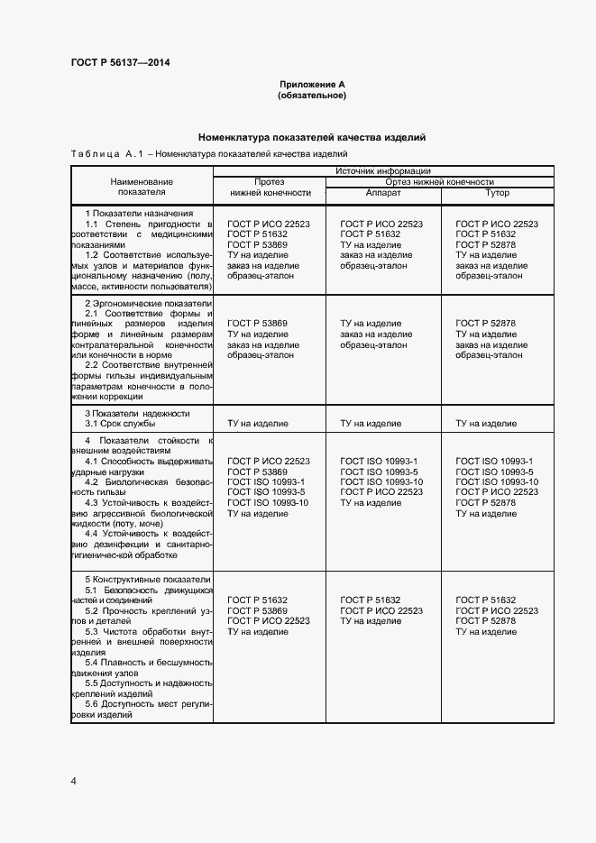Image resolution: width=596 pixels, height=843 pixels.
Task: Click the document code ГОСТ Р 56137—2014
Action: [x=120, y=62]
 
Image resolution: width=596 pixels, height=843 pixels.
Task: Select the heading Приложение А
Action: [x=311, y=84]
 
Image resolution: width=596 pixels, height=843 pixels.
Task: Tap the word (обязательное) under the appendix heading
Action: [x=311, y=95]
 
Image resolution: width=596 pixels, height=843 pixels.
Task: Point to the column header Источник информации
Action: [x=382, y=170]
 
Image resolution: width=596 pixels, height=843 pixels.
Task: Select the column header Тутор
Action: [x=497, y=193]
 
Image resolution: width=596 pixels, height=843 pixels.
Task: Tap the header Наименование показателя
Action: [x=142, y=187]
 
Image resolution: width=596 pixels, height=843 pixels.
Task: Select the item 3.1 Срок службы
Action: [x=120, y=423]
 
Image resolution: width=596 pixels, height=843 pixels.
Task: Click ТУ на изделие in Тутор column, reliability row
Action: [x=486, y=423]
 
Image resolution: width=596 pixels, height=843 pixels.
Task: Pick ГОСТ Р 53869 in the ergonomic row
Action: [x=257, y=323]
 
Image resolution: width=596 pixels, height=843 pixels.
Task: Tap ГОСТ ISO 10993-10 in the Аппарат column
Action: [x=381, y=481]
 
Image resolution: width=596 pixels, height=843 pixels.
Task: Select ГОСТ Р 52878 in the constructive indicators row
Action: [x=486, y=621]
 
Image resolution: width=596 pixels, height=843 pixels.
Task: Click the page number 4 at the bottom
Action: [x=74, y=780]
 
